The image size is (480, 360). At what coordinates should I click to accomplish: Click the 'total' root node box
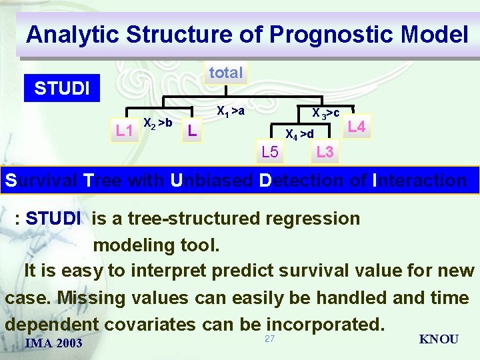click(x=226, y=73)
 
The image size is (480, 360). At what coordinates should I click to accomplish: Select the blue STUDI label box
click(x=62, y=89)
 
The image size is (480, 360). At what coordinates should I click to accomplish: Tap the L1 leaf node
click(x=123, y=131)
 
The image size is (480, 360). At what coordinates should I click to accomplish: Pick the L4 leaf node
click(x=357, y=127)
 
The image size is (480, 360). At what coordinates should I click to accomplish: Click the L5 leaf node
click(x=270, y=153)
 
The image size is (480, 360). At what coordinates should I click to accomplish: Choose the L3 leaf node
click(x=325, y=152)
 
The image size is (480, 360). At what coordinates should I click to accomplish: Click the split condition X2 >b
click(x=158, y=123)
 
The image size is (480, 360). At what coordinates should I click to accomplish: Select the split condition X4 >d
click(x=299, y=135)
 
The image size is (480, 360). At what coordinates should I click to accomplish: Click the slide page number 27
click(x=269, y=339)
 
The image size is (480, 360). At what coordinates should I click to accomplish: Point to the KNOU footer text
click(x=438, y=339)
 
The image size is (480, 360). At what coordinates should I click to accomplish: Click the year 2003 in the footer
click(x=69, y=343)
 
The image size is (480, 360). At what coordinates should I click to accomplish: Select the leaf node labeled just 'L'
click(x=191, y=131)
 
